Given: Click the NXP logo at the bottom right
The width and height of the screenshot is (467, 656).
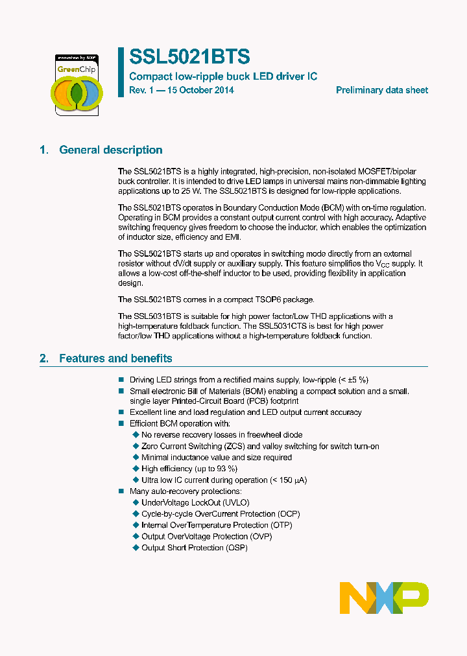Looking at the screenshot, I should (384, 597).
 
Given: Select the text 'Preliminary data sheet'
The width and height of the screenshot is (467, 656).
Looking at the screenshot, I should (381, 90).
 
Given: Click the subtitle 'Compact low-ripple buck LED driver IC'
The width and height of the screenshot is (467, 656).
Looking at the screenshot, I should (224, 76).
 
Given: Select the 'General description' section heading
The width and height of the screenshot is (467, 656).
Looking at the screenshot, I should (110, 150).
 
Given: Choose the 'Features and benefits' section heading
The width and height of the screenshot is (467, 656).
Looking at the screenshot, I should (115, 358).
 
